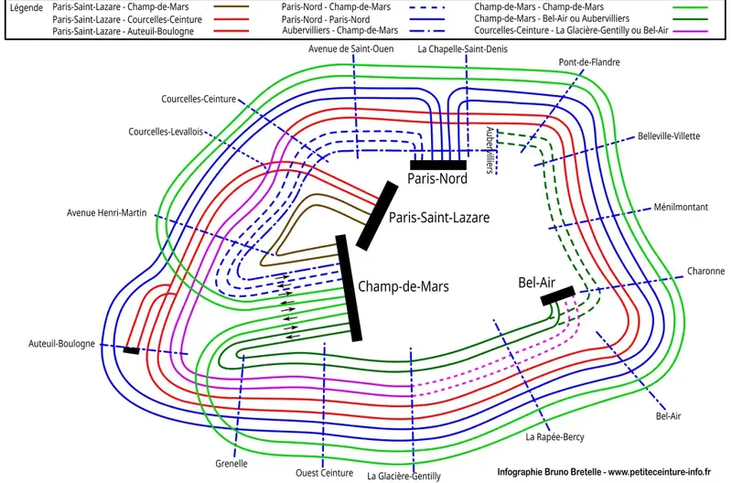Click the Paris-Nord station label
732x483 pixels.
(x=437, y=179)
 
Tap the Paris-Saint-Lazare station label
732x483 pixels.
(x=439, y=218)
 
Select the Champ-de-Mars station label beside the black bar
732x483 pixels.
(x=404, y=286)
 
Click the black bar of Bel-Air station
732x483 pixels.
(x=558, y=295)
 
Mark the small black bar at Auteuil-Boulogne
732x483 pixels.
(x=131, y=350)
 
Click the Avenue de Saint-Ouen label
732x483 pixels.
(x=351, y=48)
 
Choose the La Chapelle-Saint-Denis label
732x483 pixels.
(x=462, y=48)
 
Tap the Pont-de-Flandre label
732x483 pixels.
(x=589, y=62)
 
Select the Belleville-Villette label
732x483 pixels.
(x=669, y=135)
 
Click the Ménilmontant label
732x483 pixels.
(x=681, y=208)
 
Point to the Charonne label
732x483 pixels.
(x=705, y=272)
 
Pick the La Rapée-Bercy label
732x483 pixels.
(x=554, y=437)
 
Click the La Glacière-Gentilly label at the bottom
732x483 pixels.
(x=404, y=476)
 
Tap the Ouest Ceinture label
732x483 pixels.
(x=324, y=473)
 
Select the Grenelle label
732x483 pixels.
(x=231, y=463)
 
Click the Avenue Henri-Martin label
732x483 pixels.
(x=107, y=213)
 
